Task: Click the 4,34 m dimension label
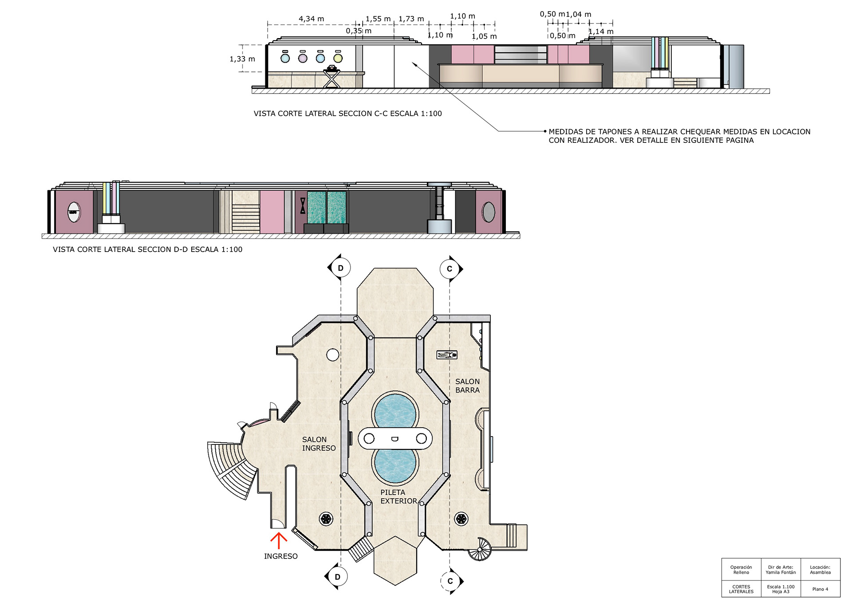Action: [311, 19]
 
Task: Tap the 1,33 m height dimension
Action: [242, 59]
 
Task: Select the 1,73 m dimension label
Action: [411, 19]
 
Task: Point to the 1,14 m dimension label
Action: [601, 31]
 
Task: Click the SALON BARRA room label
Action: [468, 386]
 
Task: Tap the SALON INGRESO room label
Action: [319, 444]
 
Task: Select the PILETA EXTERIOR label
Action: [398, 496]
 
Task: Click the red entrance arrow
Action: [279, 540]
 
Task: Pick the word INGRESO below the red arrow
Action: [281, 556]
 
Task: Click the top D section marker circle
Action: [341, 268]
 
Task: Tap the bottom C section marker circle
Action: [450, 581]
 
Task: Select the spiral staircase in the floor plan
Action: [480, 549]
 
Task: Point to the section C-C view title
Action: [348, 114]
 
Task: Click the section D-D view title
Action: [148, 249]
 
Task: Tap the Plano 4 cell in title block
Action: [820, 589]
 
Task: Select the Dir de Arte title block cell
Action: [781, 570]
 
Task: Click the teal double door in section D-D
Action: [327, 208]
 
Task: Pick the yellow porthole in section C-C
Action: [338, 58]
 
